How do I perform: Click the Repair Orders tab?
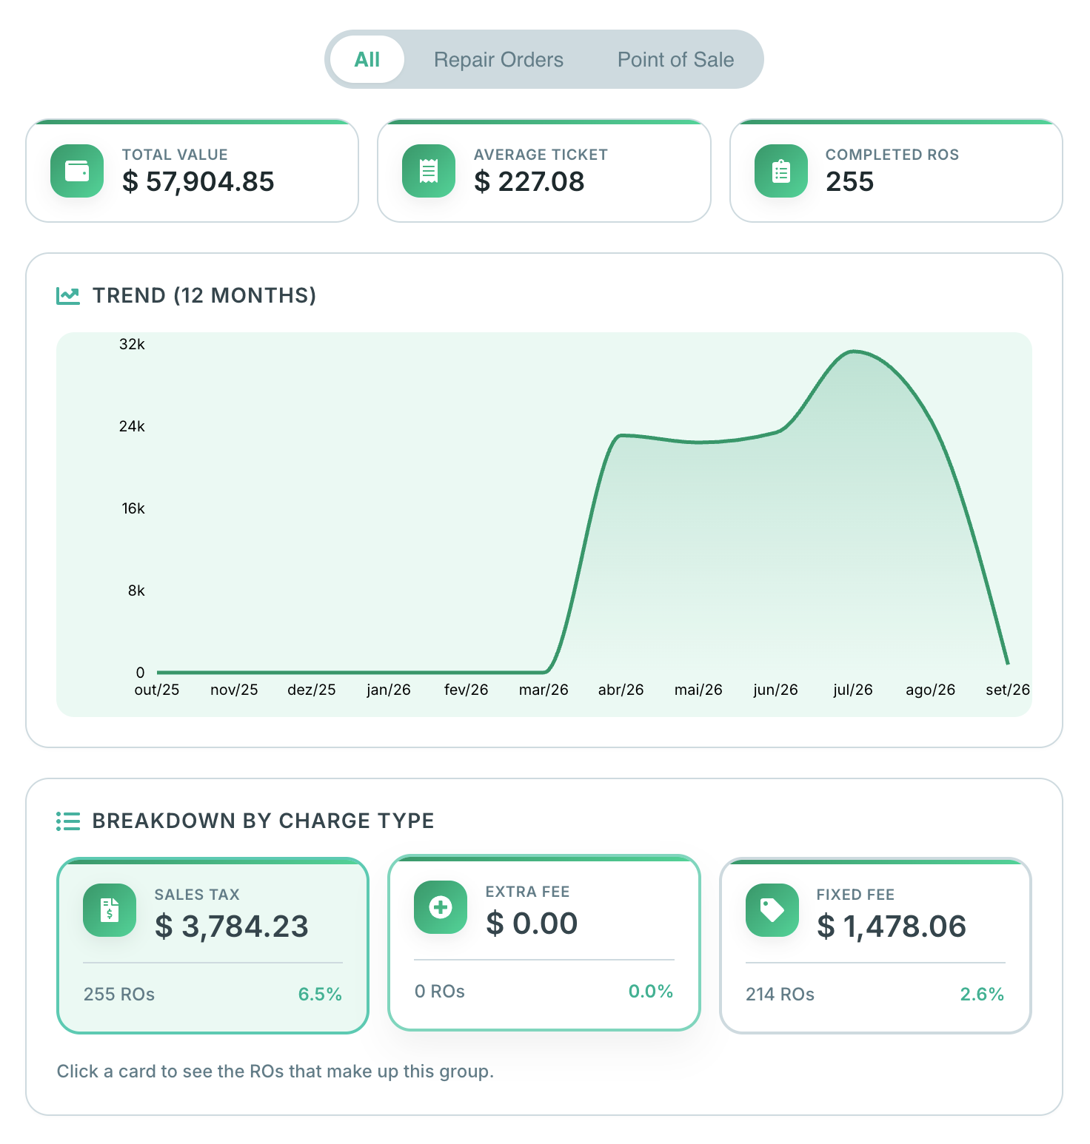(x=498, y=60)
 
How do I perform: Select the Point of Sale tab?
(x=675, y=60)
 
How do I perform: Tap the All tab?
(x=367, y=60)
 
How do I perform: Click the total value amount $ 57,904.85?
(x=198, y=182)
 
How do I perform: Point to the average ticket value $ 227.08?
(x=529, y=182)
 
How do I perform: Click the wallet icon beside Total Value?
(x=77, y=171)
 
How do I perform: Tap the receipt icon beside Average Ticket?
(x=429, y=171)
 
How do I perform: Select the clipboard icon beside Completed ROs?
(x=781, y=171)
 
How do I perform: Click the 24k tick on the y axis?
(x=132, y=426)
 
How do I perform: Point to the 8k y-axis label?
(x=136, y=590)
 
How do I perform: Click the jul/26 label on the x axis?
(x=853, y=690)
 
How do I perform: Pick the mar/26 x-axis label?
(x=544, y=690)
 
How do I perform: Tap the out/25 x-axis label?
(x=157, y=690)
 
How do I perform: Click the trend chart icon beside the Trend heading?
(x=68, y=296)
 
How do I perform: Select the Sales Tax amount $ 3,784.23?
(x=231, y=926)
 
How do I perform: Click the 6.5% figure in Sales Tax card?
(x=320, y=995)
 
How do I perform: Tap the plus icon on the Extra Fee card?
(x=441, y=907)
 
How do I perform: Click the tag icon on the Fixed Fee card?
(x=772, y=910)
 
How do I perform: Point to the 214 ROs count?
(x=780, y=995)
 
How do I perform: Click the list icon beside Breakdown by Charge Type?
(x=68, y=821)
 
